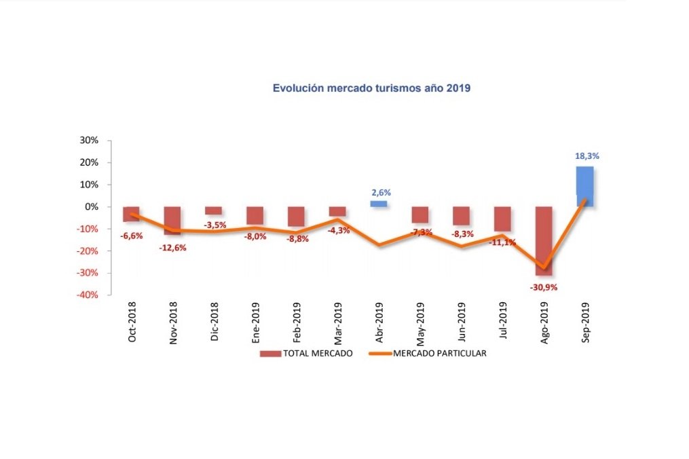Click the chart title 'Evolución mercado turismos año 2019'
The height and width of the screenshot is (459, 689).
tap(371, 88)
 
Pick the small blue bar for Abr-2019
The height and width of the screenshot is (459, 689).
tap(378, 204)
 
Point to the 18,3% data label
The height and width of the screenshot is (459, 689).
tap(587, 155)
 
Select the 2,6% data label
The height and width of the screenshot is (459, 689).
tap(381, 192)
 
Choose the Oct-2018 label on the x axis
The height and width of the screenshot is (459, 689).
tap(132, 323)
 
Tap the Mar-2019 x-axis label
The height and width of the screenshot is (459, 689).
tap(338, 323)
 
